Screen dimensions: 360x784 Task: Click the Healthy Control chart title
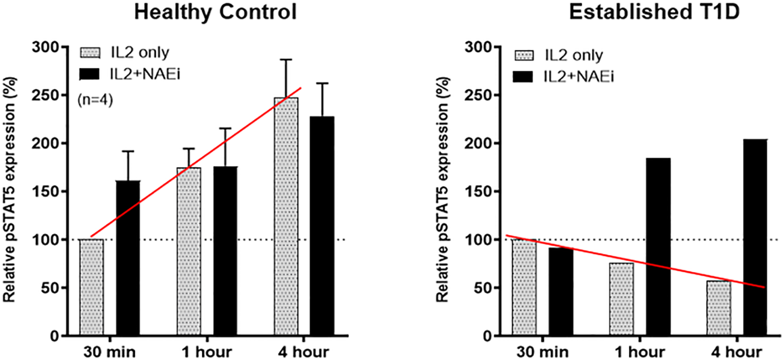[x=216, y=12]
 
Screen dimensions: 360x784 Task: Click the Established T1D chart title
[x=639, y=12]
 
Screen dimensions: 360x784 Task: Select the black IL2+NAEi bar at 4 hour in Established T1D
[x=755, y=245]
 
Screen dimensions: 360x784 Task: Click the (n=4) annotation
[x=96, y=101]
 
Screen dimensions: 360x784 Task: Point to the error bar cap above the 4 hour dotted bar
[x=286, y=60]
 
